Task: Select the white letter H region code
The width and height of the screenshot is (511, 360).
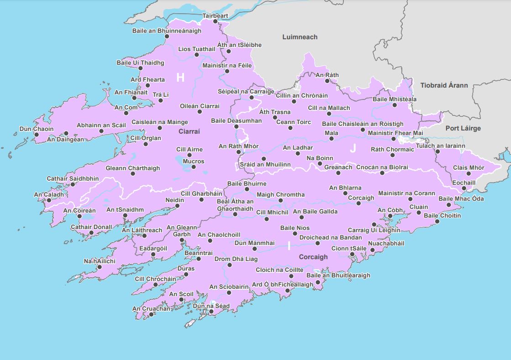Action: click(x=180, y=78)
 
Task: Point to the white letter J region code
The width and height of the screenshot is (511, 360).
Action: click(x=353, y=148)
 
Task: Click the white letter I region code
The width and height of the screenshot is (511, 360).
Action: click(x=289, y=246)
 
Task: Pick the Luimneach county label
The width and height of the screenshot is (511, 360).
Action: click(x=300, y=37)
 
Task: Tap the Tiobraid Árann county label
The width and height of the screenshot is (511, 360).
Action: click(x=444, y=85)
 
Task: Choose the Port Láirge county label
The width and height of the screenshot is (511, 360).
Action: click(x=463, y=128)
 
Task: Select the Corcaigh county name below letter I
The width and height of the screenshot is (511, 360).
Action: click(x=313, y=257)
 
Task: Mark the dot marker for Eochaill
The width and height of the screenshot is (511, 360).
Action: click(x=464, y=188)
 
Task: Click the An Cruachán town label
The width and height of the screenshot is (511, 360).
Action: click(x=151, y=309)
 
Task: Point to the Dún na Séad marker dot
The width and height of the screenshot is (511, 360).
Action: click(x=211, y=312)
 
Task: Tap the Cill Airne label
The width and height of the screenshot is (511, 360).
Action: click(x=190, y=149)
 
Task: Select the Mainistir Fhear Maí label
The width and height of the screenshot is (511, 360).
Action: click(x=395, y=133)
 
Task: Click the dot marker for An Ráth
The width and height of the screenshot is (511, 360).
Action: click(x=327, y=81)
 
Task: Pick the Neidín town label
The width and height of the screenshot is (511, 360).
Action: click(x=174, y=200)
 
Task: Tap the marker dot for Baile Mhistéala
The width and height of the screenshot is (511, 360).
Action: click(x=395, y=105)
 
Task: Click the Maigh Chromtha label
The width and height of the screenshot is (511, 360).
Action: click(x=280, y=195)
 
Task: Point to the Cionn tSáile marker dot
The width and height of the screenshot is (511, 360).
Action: click(x=352, y=254)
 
